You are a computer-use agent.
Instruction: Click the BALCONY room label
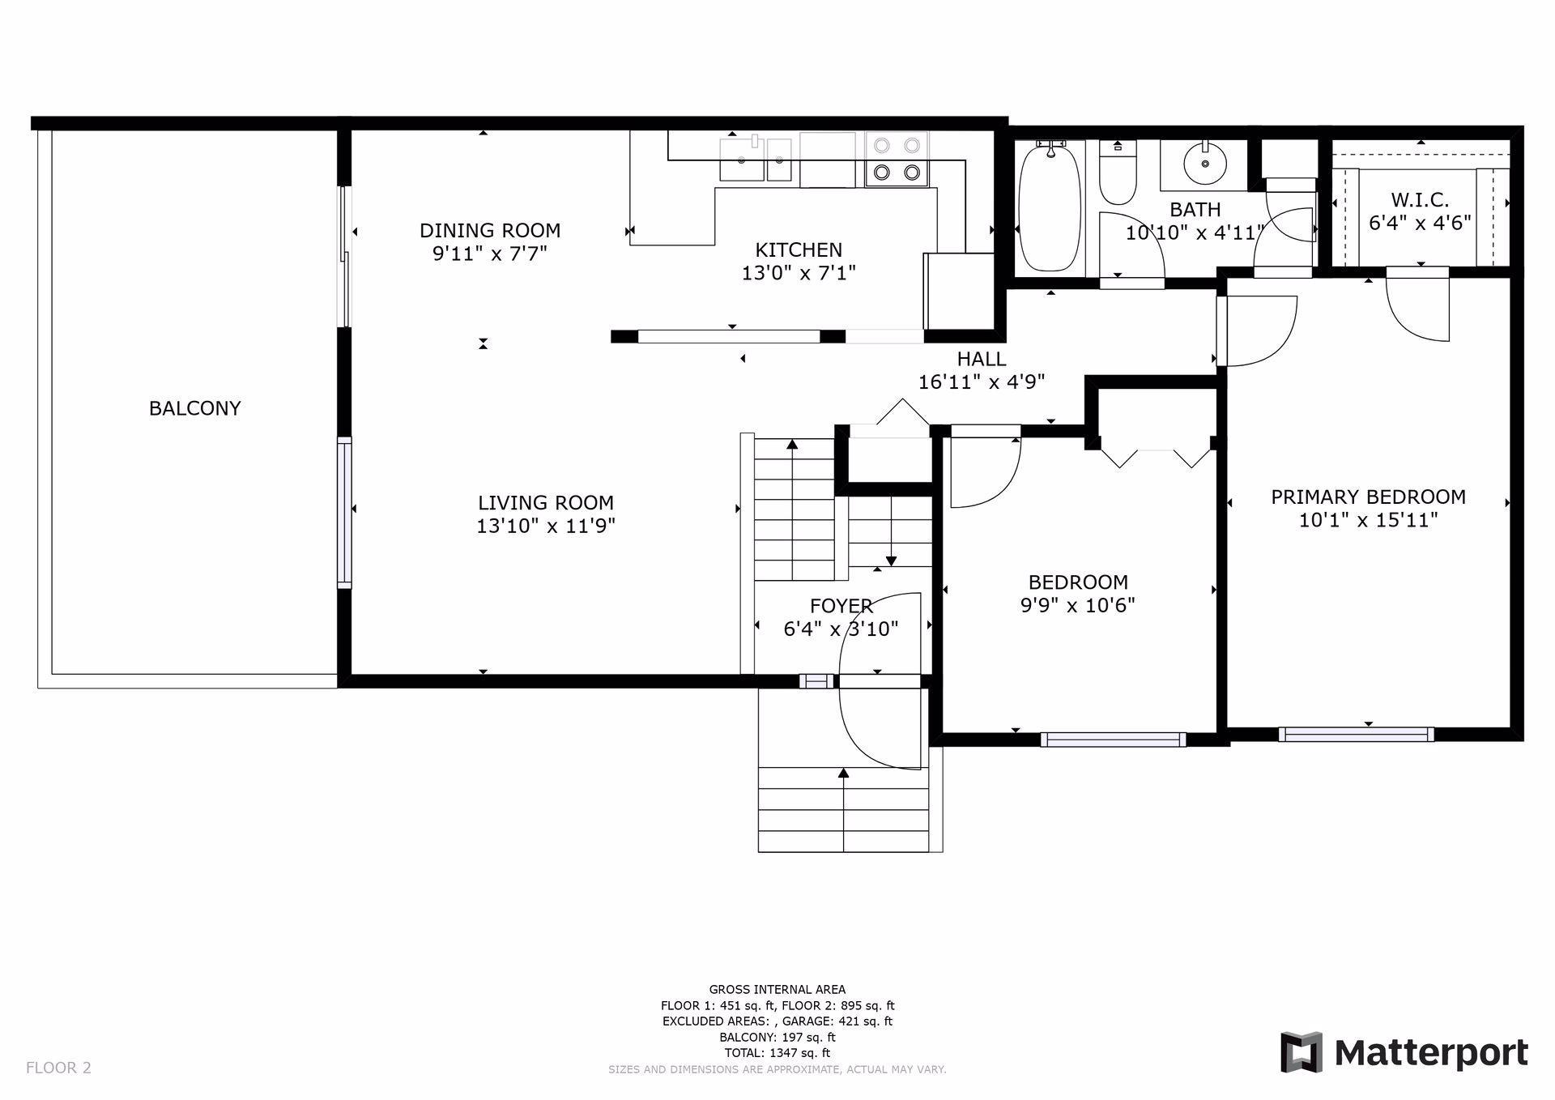tap(195, 408)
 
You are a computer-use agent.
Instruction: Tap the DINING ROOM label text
tap(490, 231)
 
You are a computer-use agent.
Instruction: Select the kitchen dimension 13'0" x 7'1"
tap(799, 273)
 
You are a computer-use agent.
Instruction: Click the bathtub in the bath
tap(1050, 207)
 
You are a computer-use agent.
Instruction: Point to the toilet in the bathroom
tap(1118, 172)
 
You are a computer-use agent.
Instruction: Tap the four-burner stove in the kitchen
tap(897, 159)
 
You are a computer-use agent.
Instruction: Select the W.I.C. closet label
tap(1420, 199)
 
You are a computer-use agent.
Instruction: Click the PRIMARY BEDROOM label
tap(1368, 497)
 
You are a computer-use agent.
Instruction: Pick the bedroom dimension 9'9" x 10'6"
tap(1078, 605)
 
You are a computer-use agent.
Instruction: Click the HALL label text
tap(982, 359)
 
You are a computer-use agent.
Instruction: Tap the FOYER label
tap(841, 606)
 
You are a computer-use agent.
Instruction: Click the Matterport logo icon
tap(1301, 1052)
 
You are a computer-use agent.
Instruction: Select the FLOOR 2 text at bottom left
tap(58, 1068)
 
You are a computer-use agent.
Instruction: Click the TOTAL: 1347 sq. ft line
tap(777, 1053)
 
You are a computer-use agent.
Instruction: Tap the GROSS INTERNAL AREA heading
tap(777, 989)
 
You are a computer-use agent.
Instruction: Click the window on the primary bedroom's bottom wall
tap(1356, 735)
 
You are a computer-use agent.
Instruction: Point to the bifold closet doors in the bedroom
tap(1156, 458)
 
